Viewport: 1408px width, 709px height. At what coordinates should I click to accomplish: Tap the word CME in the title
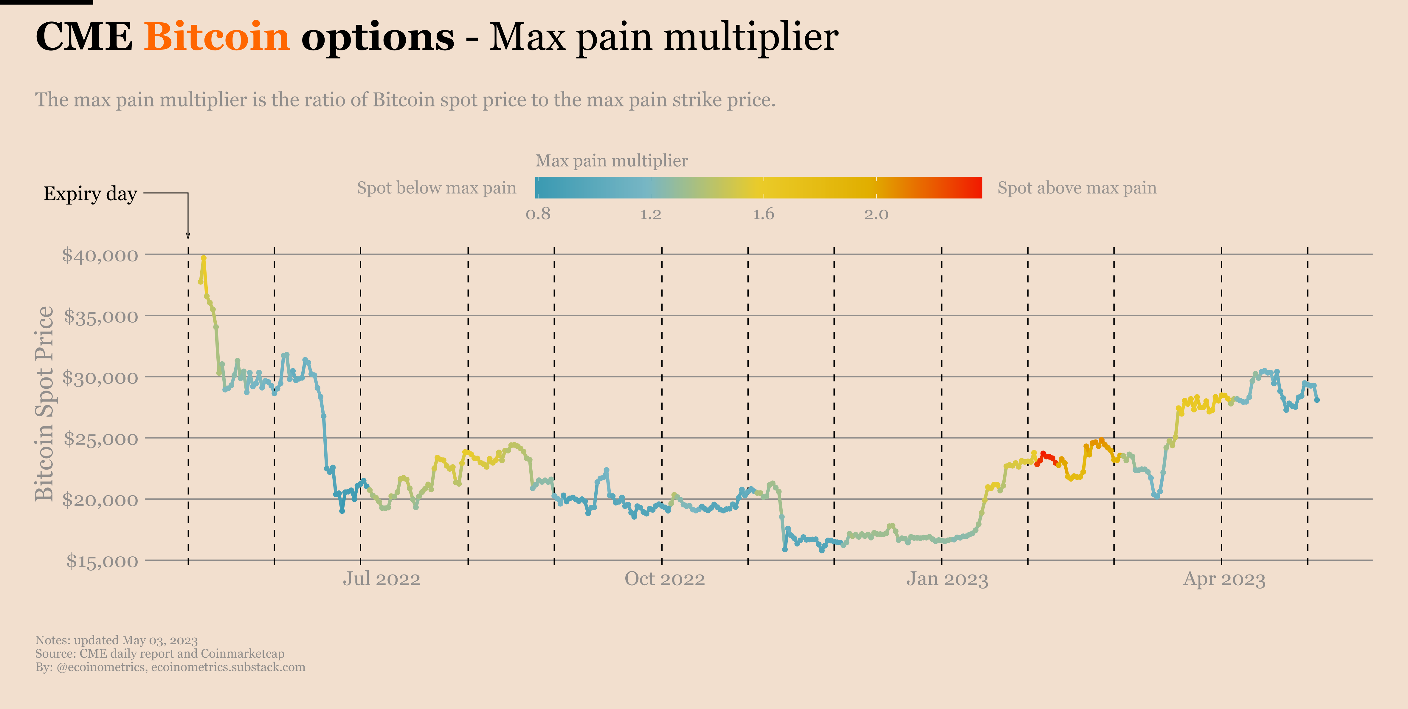click(84, 37)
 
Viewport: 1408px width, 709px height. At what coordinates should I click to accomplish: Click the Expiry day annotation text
click(90, 193)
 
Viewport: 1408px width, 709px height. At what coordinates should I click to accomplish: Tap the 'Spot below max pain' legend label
click(436, 188)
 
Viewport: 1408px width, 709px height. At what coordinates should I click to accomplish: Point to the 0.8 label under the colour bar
click(538, 214)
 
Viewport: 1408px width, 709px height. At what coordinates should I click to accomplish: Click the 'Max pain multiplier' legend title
click(611, 161)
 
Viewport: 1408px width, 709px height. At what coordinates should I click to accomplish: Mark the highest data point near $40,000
click(203, 258)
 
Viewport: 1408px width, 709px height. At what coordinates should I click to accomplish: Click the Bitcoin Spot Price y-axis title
click(45, 403)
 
